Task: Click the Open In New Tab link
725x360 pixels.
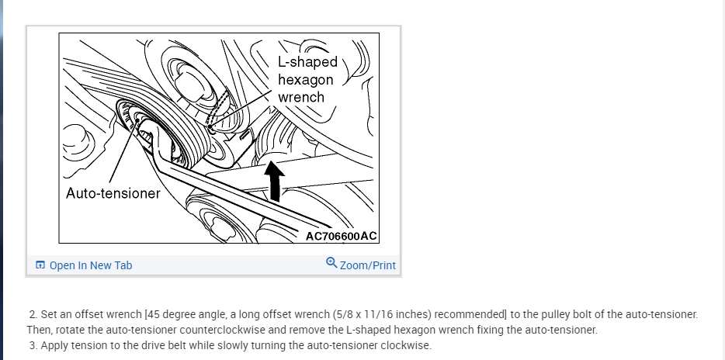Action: coord(90,265)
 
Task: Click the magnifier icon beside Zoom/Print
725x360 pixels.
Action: coord(332,264)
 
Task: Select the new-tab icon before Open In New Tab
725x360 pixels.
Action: coord(40,265)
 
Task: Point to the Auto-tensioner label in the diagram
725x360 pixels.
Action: coord(113,192)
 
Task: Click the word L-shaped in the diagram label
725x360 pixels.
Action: coord(307,62)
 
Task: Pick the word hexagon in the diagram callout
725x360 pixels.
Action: coord(305,79)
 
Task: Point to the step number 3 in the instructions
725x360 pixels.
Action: coord(33,345)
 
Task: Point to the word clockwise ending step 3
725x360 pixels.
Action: coord(403,345)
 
